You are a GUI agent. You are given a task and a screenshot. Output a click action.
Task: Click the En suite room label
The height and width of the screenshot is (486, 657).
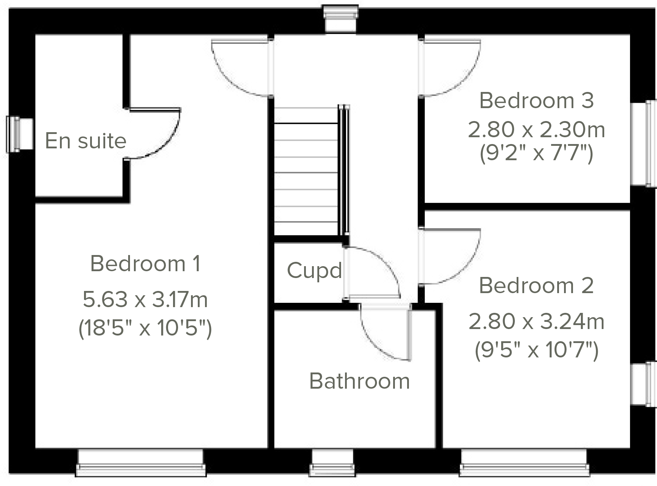85,140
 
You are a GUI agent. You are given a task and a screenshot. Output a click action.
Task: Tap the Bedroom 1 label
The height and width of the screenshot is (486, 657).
145,263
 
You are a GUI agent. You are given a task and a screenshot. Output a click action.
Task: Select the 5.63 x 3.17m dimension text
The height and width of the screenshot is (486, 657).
145,299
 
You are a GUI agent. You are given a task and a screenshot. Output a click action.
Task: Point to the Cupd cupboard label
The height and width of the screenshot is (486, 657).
314,270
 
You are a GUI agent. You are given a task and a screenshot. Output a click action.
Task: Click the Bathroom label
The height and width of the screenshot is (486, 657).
359,381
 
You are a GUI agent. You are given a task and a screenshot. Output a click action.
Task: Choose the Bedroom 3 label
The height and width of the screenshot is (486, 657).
536,100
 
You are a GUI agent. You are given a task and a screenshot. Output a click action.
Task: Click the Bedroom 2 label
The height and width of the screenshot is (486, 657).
536,286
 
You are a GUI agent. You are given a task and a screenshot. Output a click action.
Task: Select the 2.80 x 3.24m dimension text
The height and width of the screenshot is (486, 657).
536,321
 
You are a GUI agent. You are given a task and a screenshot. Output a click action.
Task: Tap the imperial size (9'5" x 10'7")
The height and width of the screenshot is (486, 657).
536,350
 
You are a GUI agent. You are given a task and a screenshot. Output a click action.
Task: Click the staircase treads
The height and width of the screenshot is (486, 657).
306,172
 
